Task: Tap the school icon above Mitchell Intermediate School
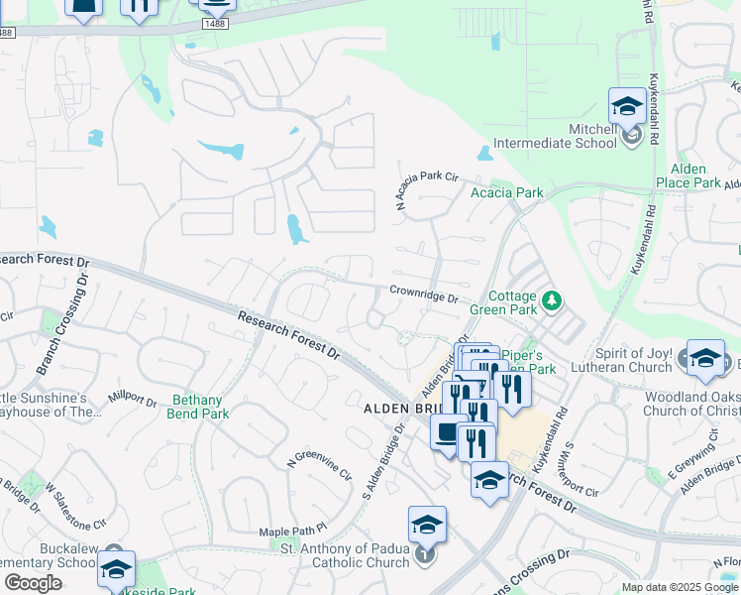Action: click(627, 106)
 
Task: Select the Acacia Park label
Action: click(506, 192)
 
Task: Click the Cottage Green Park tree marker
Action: click(553, 298)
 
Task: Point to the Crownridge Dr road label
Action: click(423, 295)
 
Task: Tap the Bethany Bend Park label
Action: click(201, 408)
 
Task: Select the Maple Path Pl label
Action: click(292, 533)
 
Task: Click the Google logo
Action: click(33, 583)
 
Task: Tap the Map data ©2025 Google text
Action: click(680, 587)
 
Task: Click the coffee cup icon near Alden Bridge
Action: click(447, 433)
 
